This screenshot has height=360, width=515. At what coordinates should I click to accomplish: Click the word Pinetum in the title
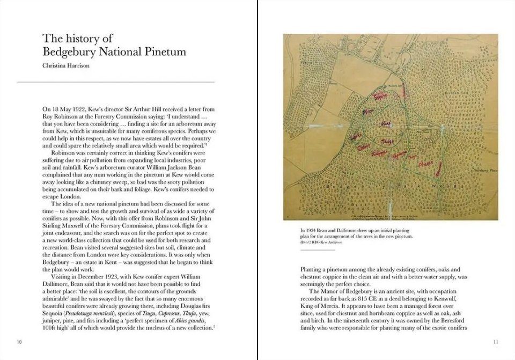tap(167, 52)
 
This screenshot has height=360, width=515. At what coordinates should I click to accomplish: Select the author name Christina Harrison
tap(68, 67)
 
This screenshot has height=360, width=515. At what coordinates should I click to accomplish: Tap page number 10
tap(19, 342)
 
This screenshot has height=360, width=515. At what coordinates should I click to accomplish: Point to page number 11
tap(495, 342)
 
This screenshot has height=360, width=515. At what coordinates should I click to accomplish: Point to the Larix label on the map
tap(355, 138)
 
